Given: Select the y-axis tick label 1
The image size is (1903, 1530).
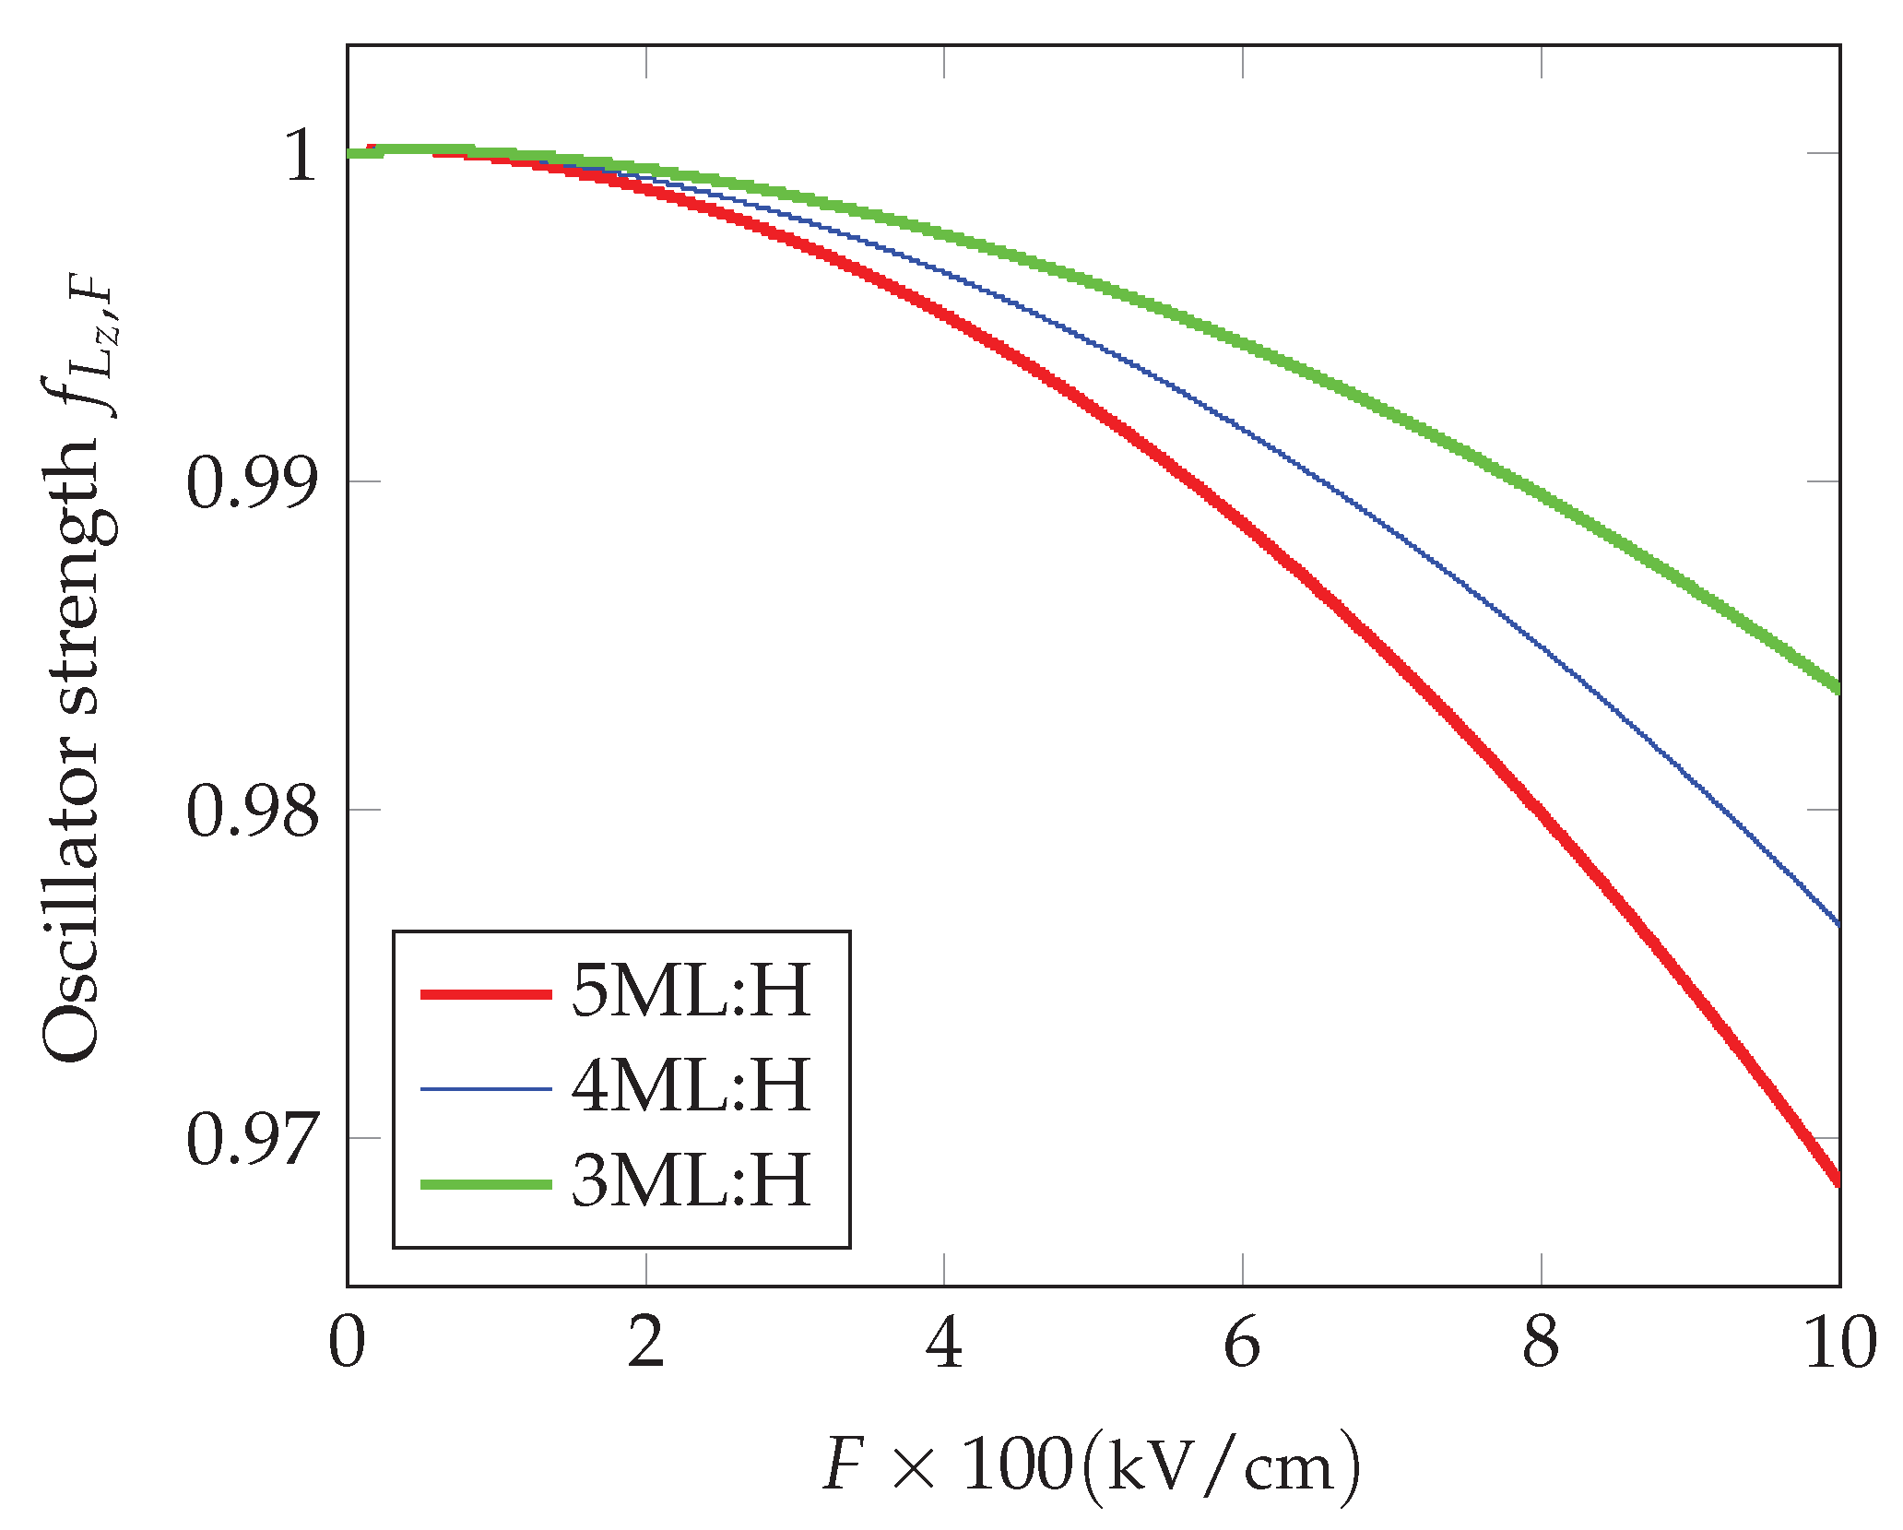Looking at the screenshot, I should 301,155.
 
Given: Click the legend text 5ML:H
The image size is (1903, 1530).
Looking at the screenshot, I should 691,991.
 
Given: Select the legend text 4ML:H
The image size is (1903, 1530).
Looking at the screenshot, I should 691,1085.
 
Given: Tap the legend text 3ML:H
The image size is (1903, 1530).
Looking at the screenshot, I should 691,1180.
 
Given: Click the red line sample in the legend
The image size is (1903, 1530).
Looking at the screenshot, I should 486,994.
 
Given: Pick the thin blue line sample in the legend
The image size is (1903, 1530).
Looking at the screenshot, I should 486,1089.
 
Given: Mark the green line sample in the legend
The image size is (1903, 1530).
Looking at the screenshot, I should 486,1184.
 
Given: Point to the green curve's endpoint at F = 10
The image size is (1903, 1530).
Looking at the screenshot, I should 1837,686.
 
